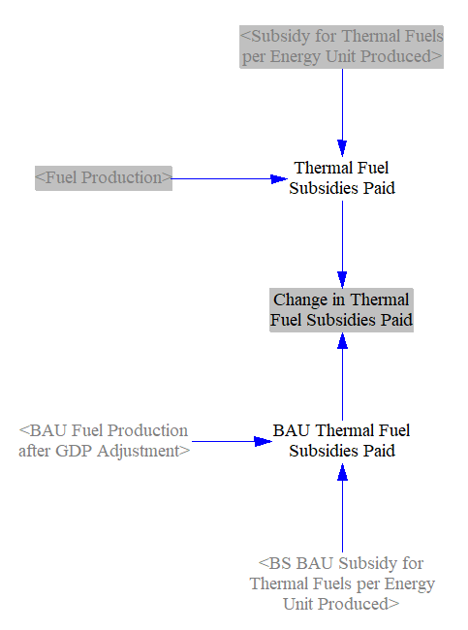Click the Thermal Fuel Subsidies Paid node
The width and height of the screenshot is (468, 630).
[342, 178]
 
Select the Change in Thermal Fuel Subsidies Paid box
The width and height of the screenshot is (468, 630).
[341, 310]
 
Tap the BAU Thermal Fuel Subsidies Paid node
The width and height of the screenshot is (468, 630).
[342, 441]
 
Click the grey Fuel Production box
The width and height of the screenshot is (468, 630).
[104, 178]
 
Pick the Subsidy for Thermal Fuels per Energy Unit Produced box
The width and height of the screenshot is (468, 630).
[341, 47]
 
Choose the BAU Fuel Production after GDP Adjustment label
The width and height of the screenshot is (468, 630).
[104, 441]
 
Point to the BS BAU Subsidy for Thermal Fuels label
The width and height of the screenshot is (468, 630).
[342, 583]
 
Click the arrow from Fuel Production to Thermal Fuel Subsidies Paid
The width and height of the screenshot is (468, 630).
[230, 178]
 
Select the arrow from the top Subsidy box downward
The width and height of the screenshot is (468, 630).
[342, 112]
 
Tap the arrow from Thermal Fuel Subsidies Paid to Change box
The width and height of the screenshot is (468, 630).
[342, 244]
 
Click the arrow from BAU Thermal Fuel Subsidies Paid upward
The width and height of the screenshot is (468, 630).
[342, 376]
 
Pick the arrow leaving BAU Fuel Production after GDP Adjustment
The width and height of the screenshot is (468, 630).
[232, 442]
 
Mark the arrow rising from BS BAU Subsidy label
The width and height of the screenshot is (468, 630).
[342, 508]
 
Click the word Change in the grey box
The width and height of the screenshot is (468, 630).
[300, 300]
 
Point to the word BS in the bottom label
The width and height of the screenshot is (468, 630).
[280, 563]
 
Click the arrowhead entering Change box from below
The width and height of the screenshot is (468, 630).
[342, 341]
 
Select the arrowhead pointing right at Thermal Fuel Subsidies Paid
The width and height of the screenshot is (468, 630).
[279, 178]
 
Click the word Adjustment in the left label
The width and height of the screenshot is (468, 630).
[138, 452]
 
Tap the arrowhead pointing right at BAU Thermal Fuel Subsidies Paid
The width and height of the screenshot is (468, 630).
[264, 442]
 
